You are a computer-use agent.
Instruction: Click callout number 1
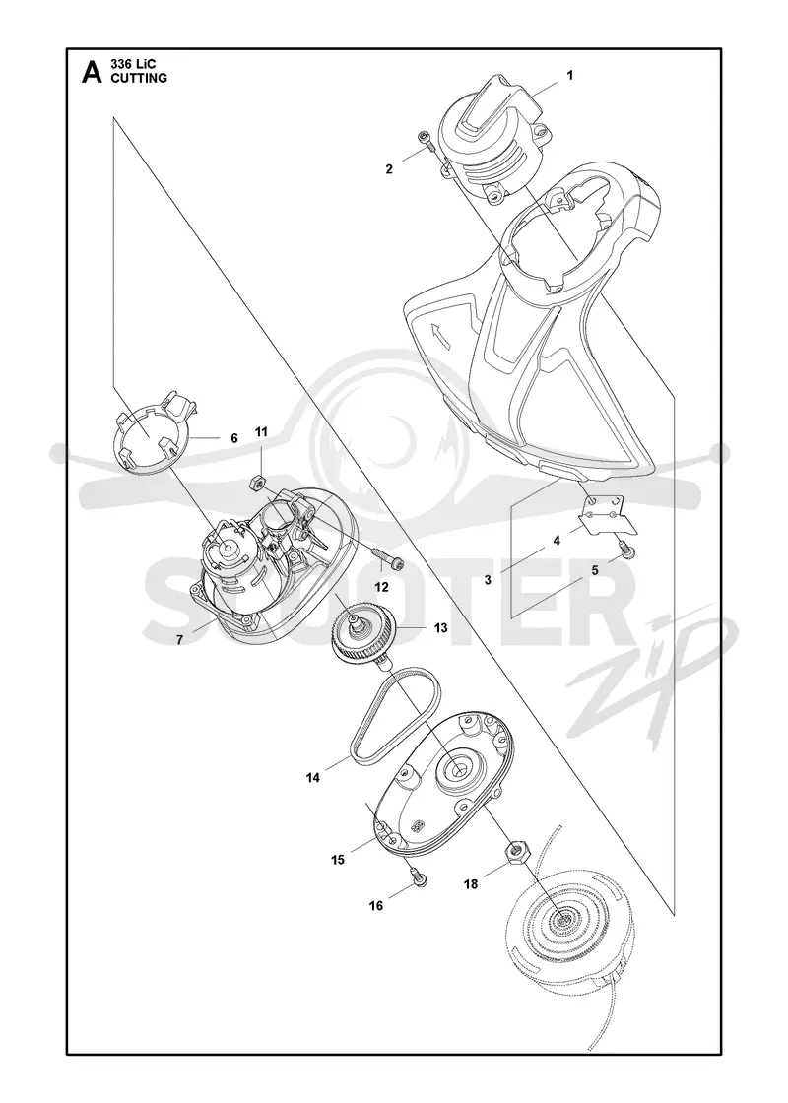coord(570,75)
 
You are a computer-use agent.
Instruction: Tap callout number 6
coord(234,438)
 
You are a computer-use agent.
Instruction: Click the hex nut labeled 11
coord(257,482)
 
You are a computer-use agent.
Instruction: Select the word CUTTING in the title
coord(139,79)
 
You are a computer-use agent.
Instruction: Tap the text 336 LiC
coord(135,65)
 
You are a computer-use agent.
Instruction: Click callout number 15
coord(338,860)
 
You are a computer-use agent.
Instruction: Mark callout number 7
coord(179,640)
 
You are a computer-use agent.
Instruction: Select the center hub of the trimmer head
coord(565,918)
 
